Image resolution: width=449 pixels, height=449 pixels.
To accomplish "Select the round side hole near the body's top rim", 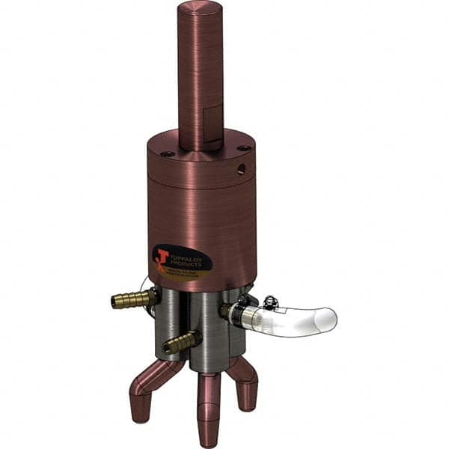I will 241,170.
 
